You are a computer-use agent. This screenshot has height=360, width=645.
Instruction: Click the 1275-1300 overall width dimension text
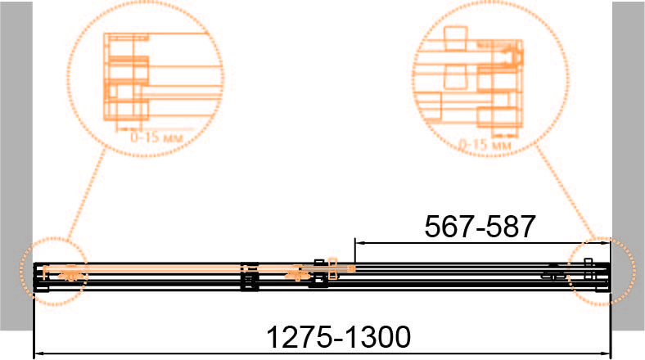[339, 337]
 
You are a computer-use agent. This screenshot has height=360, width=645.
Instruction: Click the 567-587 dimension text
[480, 227]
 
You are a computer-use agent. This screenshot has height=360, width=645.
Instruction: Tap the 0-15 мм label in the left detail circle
[156, 137]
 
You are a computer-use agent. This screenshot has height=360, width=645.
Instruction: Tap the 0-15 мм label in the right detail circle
[485, 145]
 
